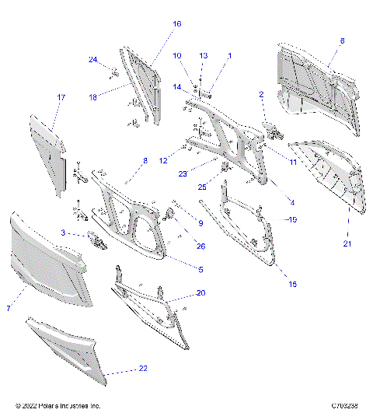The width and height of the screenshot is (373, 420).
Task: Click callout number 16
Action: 176,24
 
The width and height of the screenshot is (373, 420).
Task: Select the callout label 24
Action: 92,60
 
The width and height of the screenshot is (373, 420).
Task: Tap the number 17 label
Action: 61,97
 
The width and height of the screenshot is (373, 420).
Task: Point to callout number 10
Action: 176,56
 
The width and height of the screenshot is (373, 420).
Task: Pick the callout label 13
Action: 204,56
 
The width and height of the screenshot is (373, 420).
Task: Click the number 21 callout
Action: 347,244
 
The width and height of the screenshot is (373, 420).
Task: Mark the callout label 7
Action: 9,309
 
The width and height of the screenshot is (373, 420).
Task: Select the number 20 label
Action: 201,293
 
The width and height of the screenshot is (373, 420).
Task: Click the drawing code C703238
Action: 343,405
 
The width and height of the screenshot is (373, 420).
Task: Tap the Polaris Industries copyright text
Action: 58,405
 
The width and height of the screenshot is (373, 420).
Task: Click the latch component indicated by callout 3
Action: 96,241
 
